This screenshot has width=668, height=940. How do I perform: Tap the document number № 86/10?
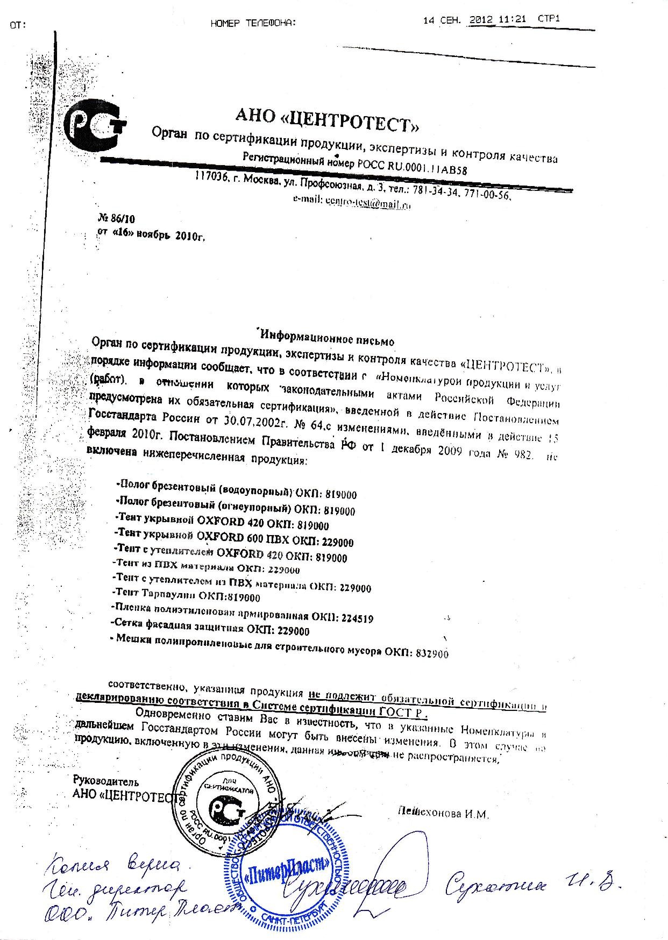117,220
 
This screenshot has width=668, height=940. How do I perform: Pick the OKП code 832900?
430,653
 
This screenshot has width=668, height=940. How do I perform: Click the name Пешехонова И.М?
443,814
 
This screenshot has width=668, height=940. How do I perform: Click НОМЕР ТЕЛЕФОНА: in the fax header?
253,23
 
